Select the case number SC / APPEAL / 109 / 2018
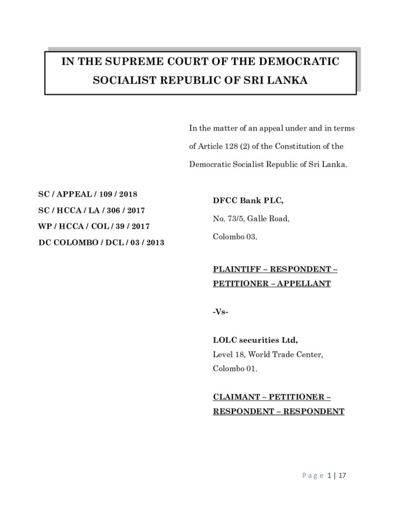point(88,194)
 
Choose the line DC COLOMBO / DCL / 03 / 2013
point(102,242)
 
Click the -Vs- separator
point(220,311)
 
